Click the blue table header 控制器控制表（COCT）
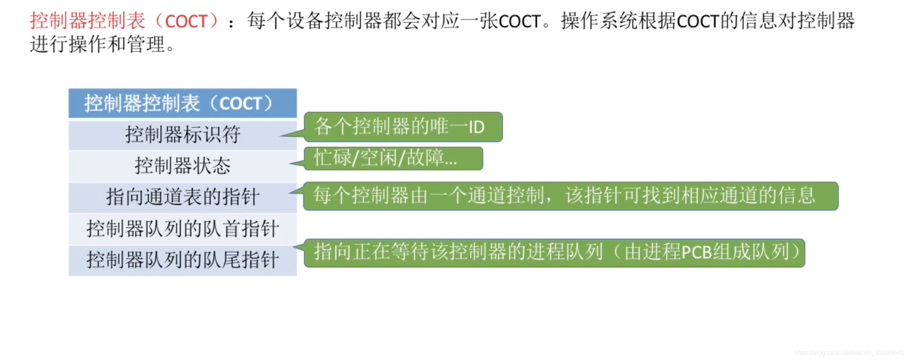coord(182,103)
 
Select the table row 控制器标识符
coord(182,135)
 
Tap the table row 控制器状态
coord(182,166)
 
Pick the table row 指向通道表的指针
coord(182,197)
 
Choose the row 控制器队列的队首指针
coord(182,229)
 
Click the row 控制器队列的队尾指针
coord(182,260)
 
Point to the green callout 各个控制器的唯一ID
coord(403,127)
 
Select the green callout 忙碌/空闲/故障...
coord(393,158)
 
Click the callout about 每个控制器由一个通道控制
coord(570,196)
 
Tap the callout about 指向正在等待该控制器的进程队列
coord(554,253)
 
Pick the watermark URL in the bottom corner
coord(849,353)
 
